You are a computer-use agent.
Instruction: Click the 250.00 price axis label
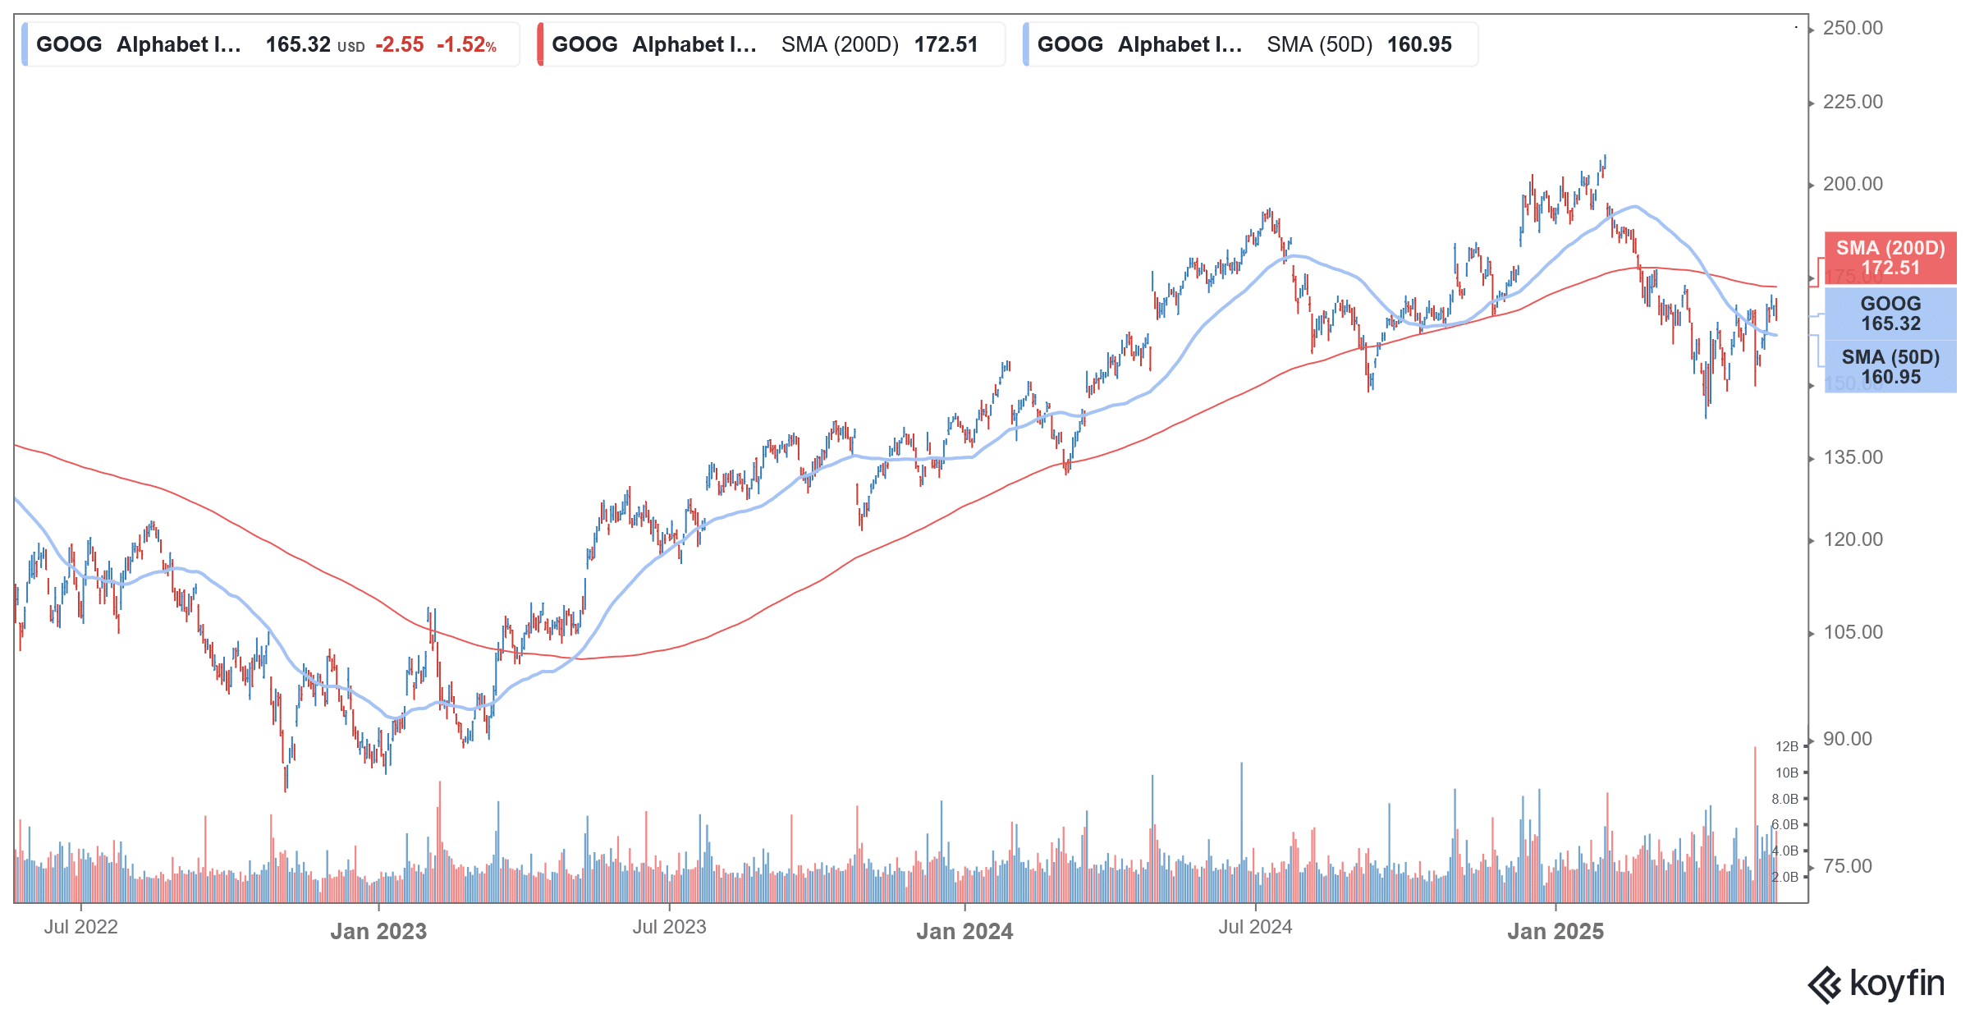[1853, 29]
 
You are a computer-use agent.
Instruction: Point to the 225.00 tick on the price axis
[1853, 103]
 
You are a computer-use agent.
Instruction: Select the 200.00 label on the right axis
[1853, 185]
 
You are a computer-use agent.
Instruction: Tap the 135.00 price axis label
[1853, 458]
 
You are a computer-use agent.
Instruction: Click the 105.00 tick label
[1853, 633]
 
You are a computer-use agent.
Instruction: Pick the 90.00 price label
[1847, 740]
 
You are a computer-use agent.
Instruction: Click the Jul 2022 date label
[80, 928]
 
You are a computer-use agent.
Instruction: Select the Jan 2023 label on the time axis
[378, 932]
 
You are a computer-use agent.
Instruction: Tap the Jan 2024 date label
[964, 932]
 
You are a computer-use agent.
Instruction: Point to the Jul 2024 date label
[1255, 928]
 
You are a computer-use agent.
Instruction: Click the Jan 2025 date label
[1555, 932]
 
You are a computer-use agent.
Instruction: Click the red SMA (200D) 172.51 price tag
[1890, 259]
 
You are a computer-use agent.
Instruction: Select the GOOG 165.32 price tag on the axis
[1890, 314]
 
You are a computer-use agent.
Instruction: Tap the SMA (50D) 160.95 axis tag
[1890, 367]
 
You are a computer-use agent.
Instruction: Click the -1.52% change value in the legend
[466, 45]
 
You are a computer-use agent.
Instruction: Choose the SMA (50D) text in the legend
[1319, 45]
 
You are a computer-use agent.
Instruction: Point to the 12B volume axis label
[1786, 747]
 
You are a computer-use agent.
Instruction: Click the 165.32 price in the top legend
[298, 45]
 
